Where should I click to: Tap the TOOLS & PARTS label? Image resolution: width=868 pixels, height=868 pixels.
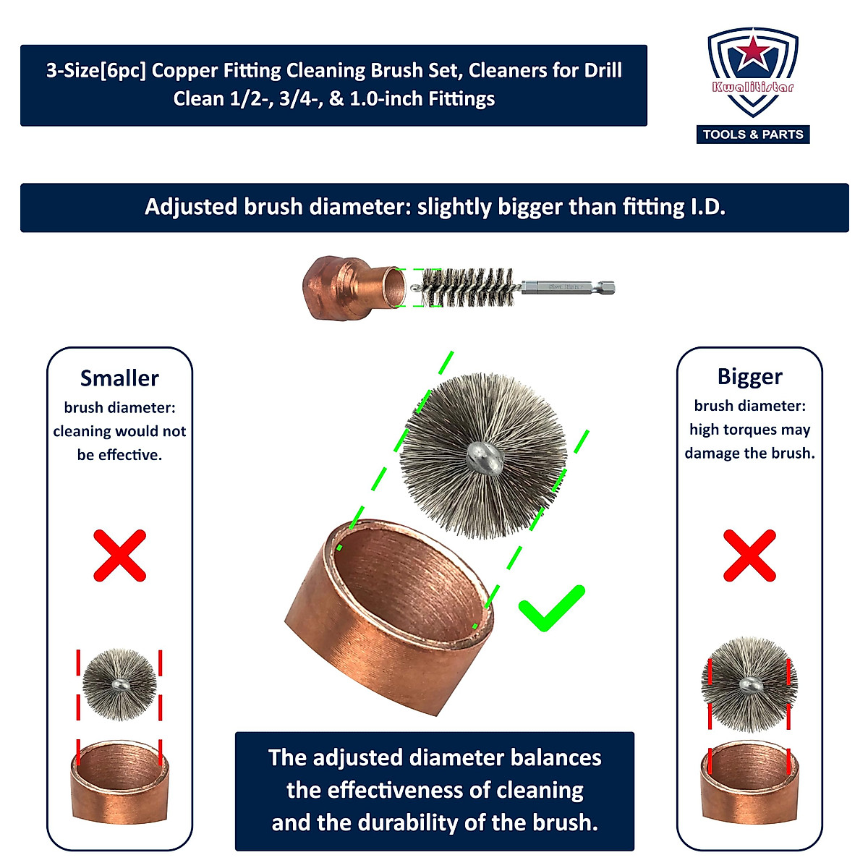[x=753, y=135]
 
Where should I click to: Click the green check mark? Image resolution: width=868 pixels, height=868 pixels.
[x=551, y=608]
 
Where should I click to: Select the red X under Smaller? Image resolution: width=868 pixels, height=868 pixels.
[x=120, y=556]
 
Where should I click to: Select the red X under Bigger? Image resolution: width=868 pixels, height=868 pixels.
[x=749, y=556]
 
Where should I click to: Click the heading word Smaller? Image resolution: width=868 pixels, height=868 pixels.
[x=119, y=378]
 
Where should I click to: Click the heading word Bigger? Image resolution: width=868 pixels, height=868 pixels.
[x=749, y=377]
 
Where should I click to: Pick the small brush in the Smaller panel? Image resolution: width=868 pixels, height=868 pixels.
[x=119, y=684]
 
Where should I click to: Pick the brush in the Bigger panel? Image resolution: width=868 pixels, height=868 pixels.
[x=749, y=684]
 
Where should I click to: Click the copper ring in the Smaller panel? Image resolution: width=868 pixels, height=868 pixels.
[x=119, y=783]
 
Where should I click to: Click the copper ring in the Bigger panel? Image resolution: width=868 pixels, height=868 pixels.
[x=749, y=785]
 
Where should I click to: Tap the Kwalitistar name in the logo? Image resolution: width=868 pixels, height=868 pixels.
[x=753, y=88]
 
